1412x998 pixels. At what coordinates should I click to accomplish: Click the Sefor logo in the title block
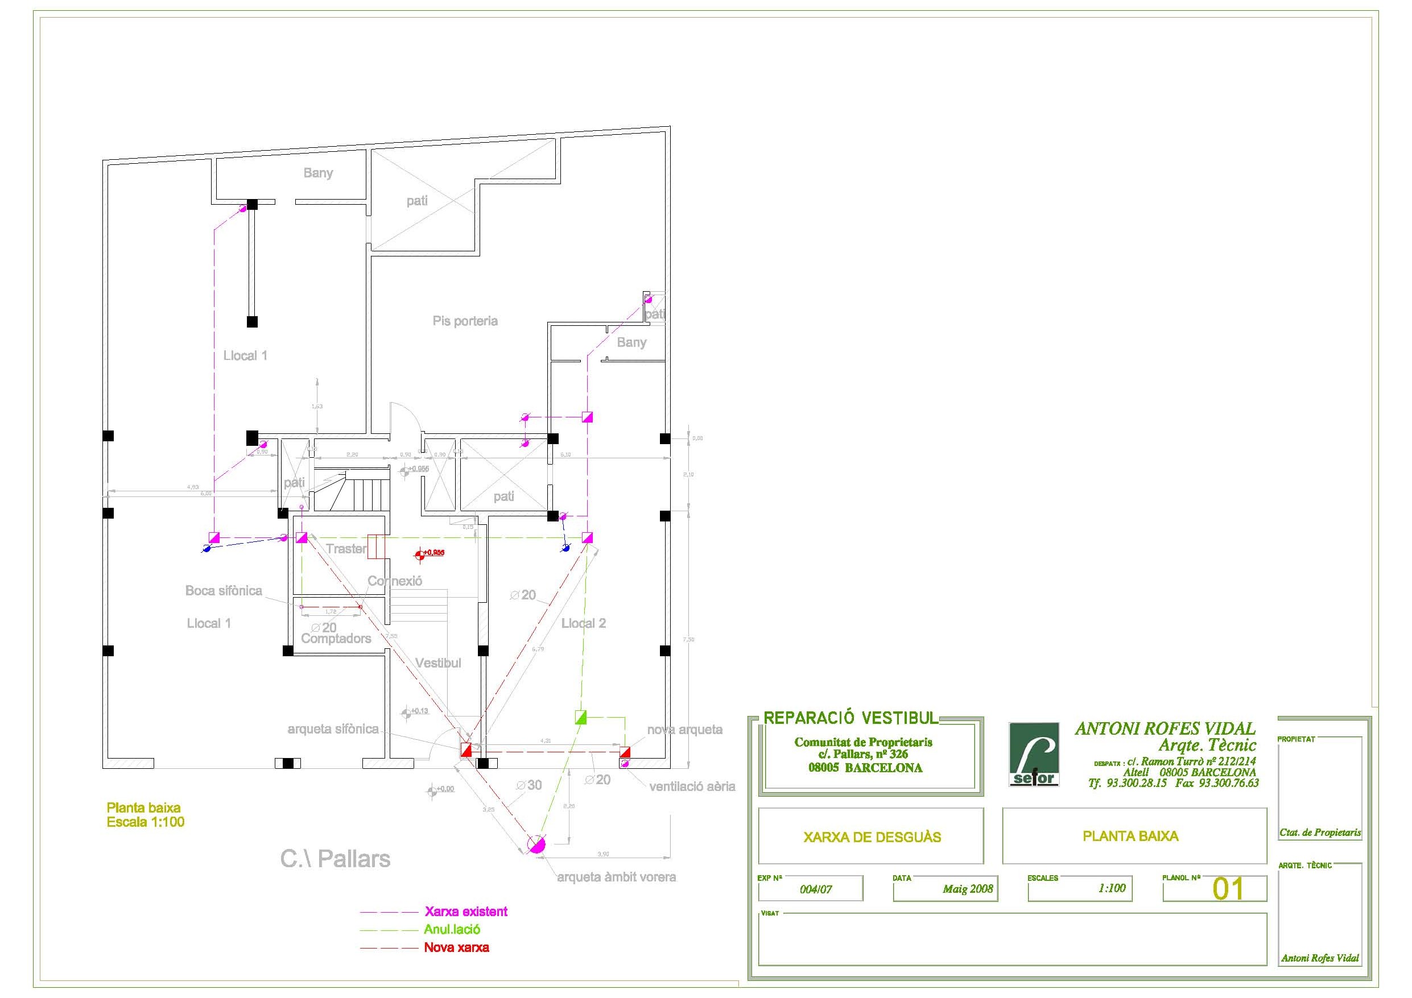click(1034, 754)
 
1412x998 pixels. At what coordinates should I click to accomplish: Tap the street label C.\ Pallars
click(335, 859)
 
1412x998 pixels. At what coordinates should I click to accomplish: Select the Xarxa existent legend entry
click(465, 912)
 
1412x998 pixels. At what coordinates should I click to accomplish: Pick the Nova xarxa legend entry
click(456, 947)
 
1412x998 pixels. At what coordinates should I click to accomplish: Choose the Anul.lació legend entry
click(452, 930)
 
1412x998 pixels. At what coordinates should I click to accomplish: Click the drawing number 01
click(1228, 889)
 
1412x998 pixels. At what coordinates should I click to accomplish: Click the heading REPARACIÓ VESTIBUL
click(851, 718)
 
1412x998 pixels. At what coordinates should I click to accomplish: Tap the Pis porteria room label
click(465, 321)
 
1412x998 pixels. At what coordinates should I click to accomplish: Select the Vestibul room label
click(438, 663)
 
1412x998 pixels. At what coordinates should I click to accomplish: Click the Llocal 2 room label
click(583, 623)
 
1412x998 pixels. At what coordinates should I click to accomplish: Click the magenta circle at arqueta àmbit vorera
click(536, 844)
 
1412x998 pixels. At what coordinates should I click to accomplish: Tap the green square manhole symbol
click(580, 717)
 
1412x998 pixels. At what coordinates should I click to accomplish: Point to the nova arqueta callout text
click(684, 730)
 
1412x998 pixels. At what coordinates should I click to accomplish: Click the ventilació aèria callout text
click(692, 786)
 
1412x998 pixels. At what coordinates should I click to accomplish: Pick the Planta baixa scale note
click(145, 815)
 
